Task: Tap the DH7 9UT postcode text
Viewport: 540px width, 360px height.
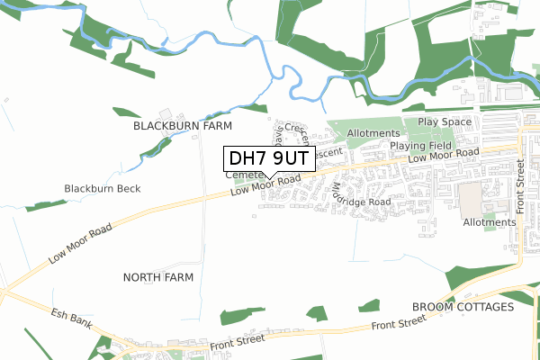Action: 267,159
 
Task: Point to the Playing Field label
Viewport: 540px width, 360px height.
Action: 419,145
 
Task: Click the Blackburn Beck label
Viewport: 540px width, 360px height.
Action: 103,188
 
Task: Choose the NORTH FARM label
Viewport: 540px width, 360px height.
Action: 157,277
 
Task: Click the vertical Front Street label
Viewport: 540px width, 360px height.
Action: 519,184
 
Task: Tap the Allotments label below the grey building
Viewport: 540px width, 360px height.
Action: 489,221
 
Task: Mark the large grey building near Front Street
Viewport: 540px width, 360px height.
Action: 471,199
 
